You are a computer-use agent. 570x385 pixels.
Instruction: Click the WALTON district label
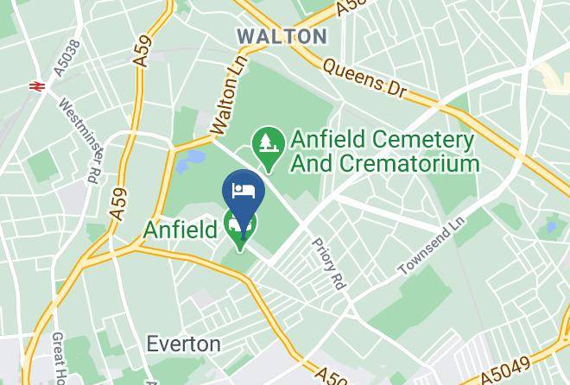pyautogui.click(x=282, y=36)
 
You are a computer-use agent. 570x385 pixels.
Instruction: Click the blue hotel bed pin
pyautogui.click(x=243, y=192)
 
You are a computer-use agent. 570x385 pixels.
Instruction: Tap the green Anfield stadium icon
pyautogui.click(x=240, y=227)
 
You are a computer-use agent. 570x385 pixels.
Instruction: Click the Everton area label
pyautogui.click(x=182, y=343)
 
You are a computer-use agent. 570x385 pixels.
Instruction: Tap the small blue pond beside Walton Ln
pyautogui.click(x=193, y=158)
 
